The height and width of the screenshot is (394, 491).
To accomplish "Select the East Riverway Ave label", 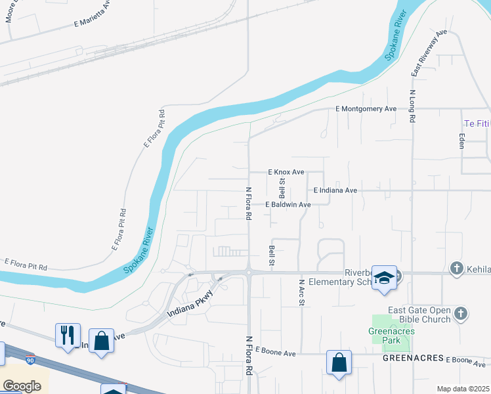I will pos(429,54).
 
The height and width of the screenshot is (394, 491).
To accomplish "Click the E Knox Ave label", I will pos(286,172).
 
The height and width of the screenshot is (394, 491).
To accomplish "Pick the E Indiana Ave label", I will pos(335,190).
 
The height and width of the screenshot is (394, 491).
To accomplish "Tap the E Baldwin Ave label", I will pos(288,205).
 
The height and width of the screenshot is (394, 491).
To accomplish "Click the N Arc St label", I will pos(302,294).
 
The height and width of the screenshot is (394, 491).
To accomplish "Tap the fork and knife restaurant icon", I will pos(68,334).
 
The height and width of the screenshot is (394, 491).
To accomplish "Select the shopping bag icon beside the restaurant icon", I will pos(101,340).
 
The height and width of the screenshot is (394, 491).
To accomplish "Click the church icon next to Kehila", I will pos(458,268).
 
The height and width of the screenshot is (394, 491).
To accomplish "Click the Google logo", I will pos(21,386).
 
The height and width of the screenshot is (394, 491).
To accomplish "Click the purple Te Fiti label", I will pos(477,123).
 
